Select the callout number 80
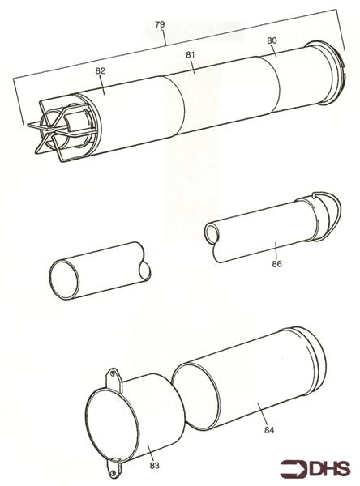[272, 41]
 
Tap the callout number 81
[191, 56]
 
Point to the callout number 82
[101, 71]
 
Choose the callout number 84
[268, 430]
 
